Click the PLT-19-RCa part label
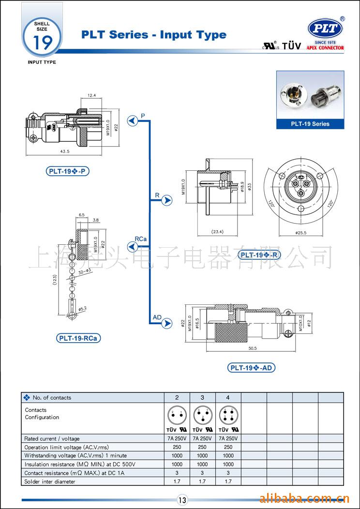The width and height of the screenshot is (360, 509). [x=79, y=338]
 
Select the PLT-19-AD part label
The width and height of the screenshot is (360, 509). [x=252, y=368]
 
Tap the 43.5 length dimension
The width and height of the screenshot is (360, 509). [x=64, y=151]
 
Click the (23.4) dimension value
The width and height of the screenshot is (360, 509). [x=217, y=232]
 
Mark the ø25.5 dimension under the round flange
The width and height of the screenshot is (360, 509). [x=300, y=233]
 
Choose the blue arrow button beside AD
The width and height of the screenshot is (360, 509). [x=167, y=323]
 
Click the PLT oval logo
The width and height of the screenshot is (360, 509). [x=325, y=29]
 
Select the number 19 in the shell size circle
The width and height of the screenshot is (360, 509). [x=42, y=43]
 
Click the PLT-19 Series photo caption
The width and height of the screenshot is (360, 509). [x=310, y=124]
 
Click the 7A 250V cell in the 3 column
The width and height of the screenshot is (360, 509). [x=202, y=438]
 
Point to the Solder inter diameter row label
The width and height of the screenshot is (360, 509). [x=50, y=481]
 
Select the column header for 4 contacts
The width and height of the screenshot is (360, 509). [x=228, y=398]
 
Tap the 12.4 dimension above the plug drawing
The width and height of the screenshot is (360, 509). [x=92, y=95]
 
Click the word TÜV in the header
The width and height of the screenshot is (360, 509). [x=291, y=46]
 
